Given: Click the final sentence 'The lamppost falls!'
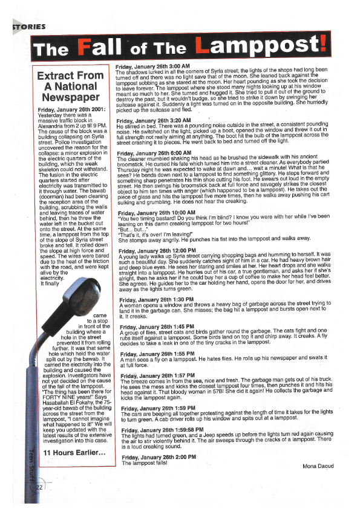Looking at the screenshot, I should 143,464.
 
